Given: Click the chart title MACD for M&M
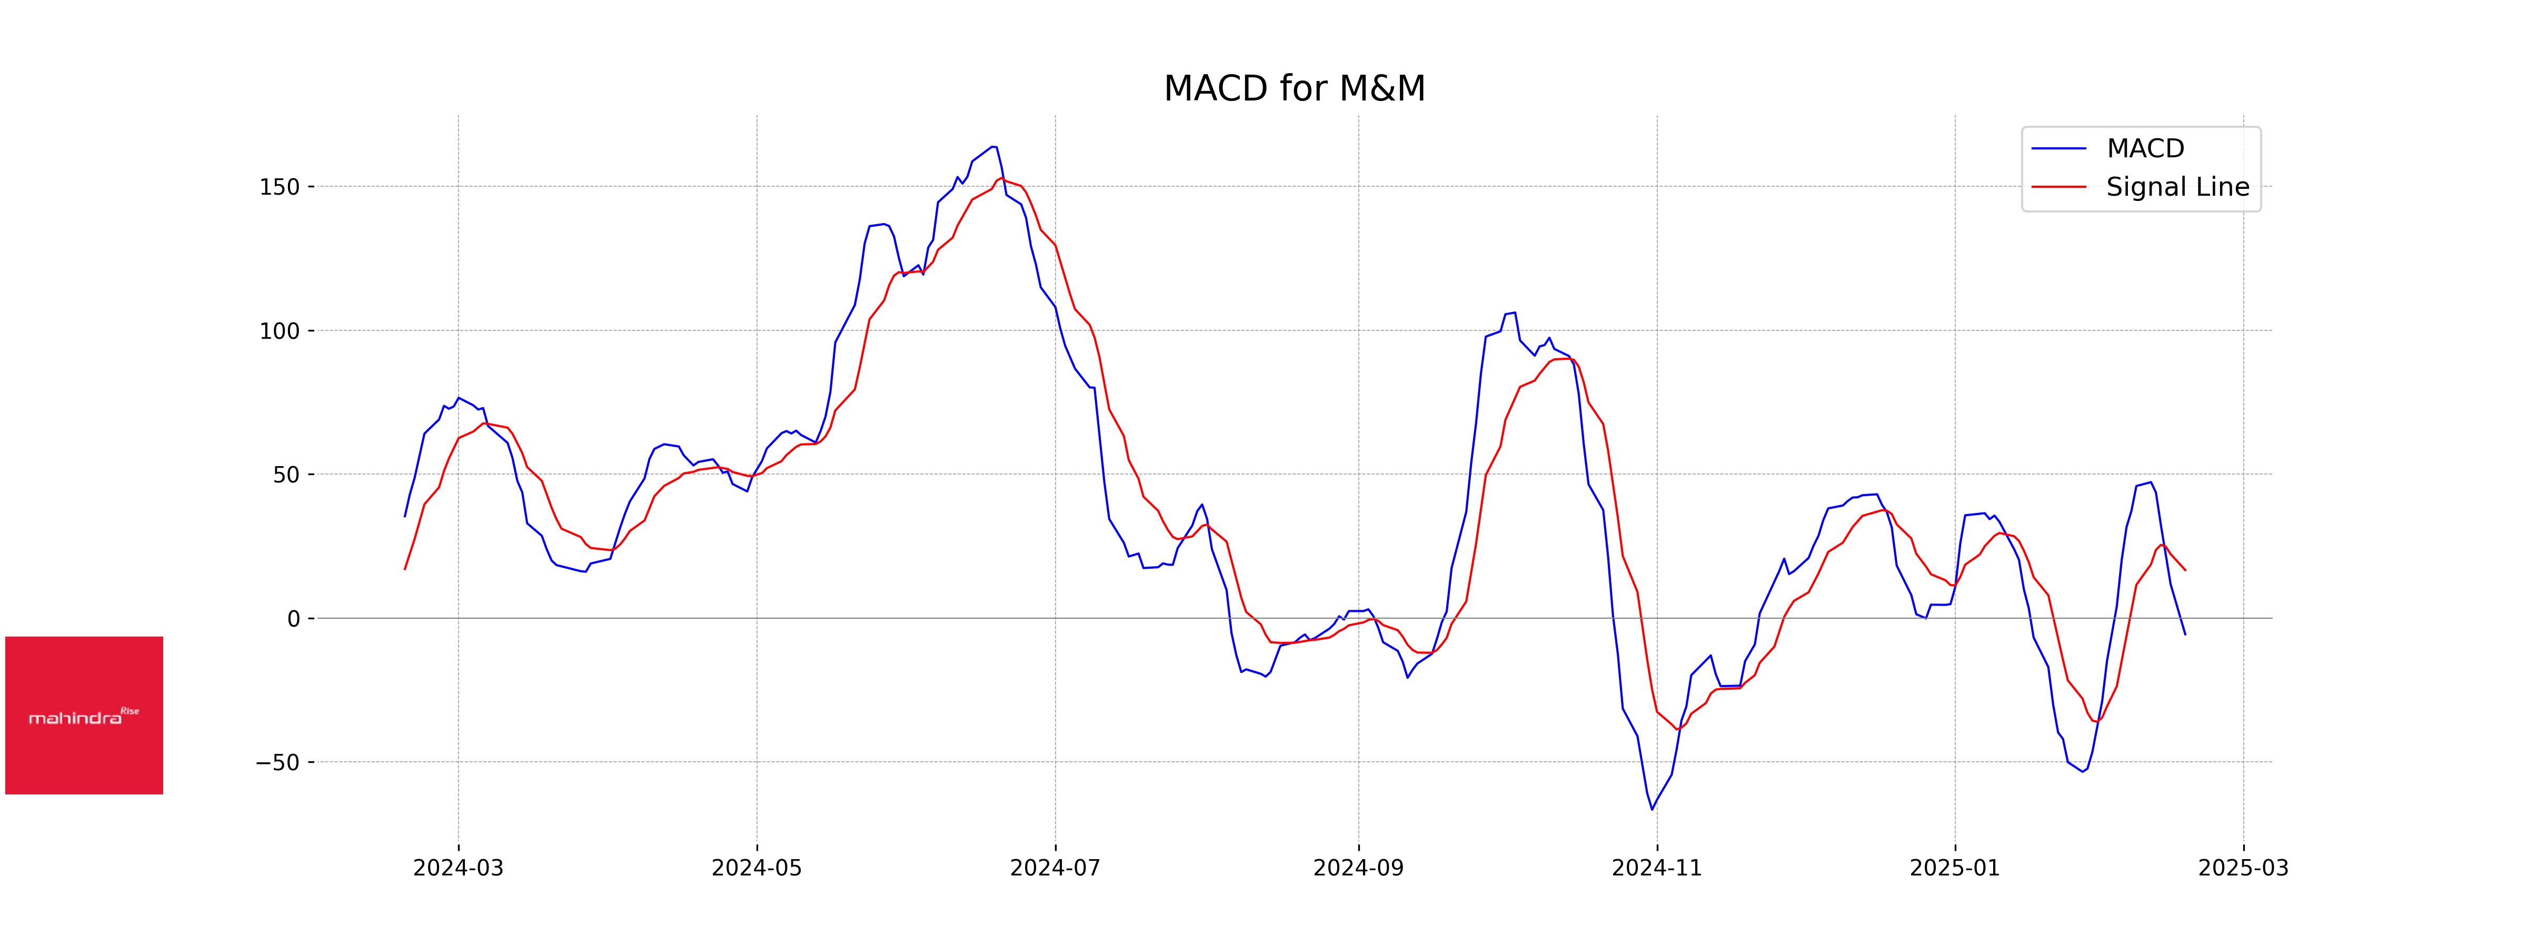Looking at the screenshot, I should pos(1294,88).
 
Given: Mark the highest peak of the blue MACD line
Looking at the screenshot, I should pos(994,147).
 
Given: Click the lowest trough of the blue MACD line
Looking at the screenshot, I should pos(1652,809).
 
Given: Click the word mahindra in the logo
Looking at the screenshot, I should pos(75,719).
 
